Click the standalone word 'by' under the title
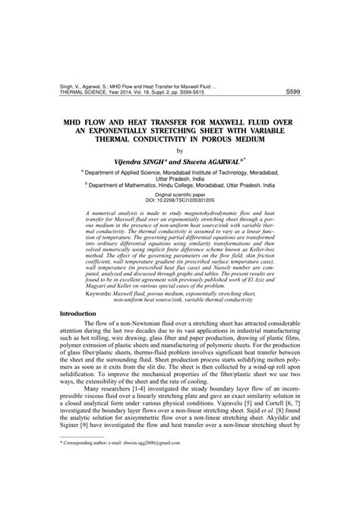(180, 150)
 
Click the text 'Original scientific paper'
(180, 194)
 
